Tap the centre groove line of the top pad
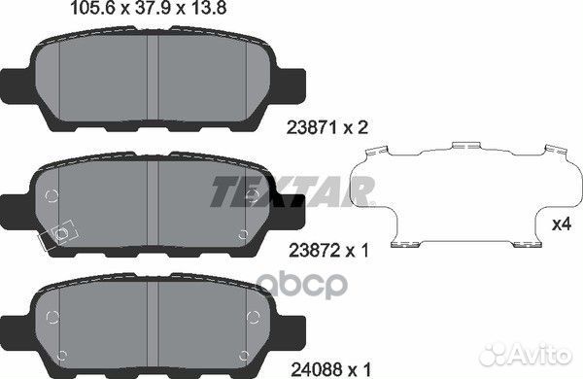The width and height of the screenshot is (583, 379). [x=147, y=78]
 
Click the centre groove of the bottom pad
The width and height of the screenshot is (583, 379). [x=147, y=321]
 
